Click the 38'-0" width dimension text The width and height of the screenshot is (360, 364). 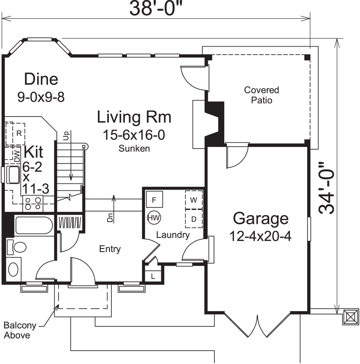tap(156, 9)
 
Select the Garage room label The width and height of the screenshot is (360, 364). tap(261, 219)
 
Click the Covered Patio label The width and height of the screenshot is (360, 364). tap(261, 95)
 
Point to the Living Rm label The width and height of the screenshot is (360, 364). tap(134, 118)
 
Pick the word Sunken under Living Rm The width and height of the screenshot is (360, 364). tap(134, 149)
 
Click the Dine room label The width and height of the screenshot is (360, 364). tap(41, 79)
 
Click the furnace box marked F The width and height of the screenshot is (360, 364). tap(154, 199)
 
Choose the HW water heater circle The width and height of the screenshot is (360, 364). tap(154, 218)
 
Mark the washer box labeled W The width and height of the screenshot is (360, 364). tap(194, 200)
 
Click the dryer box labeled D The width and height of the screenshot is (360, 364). tap(194, 219)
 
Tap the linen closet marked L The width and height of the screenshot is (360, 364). tap(153, 276)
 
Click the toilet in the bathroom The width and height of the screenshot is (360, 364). tap(17, 247)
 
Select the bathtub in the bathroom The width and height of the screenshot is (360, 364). tap(33, 226)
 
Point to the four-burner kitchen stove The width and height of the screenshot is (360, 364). tap(33, 203)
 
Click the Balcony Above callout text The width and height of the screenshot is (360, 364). tap(17, 330)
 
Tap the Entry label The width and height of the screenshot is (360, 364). tap(110, 249)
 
